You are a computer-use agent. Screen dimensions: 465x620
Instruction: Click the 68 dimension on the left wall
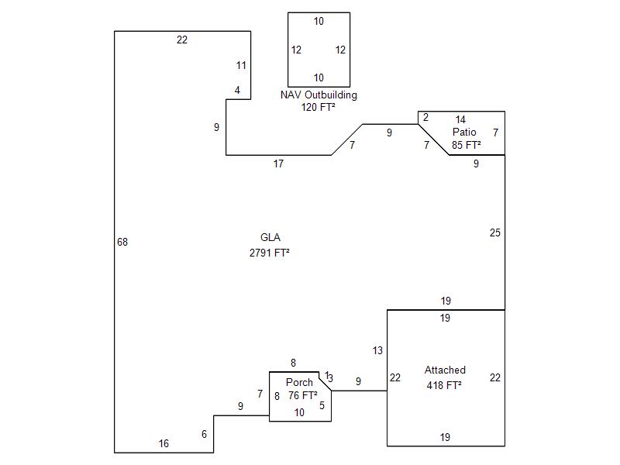pos(122,243)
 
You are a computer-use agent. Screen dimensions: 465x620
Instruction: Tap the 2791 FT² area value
pos(270,253)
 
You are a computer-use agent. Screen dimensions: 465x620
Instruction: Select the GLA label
pos(270,238)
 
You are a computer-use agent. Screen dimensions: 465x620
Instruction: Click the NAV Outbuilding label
pos(319,95)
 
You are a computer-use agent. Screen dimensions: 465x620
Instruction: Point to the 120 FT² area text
pos(319,108)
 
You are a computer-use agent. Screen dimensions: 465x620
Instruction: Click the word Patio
pos(465,133)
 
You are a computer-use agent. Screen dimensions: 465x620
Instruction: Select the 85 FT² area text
pos(467,145)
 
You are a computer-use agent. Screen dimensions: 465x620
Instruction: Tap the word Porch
pos(299,383)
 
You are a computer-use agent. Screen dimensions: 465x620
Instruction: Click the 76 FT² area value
pos(303,395)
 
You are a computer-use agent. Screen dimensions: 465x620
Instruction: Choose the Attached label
pos(445,370)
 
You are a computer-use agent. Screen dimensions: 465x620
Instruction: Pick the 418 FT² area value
pos(444,385)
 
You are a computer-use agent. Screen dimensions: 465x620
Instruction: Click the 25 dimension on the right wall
pos(495,233)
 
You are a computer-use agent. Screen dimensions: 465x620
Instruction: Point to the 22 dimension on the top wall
pos(182,40)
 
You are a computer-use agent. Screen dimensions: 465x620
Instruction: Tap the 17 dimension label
pos(278,164)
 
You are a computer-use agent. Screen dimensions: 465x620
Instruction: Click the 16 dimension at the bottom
pos(164,444)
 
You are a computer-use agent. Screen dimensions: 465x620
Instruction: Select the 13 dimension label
pos(377,351)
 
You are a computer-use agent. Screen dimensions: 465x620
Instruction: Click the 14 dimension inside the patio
pos(460,120)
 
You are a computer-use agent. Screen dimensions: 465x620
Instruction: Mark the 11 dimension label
pos(241,66)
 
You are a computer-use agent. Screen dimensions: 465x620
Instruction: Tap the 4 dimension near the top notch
pos(238,91)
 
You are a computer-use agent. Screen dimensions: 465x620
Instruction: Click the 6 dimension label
pos(205,435)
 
